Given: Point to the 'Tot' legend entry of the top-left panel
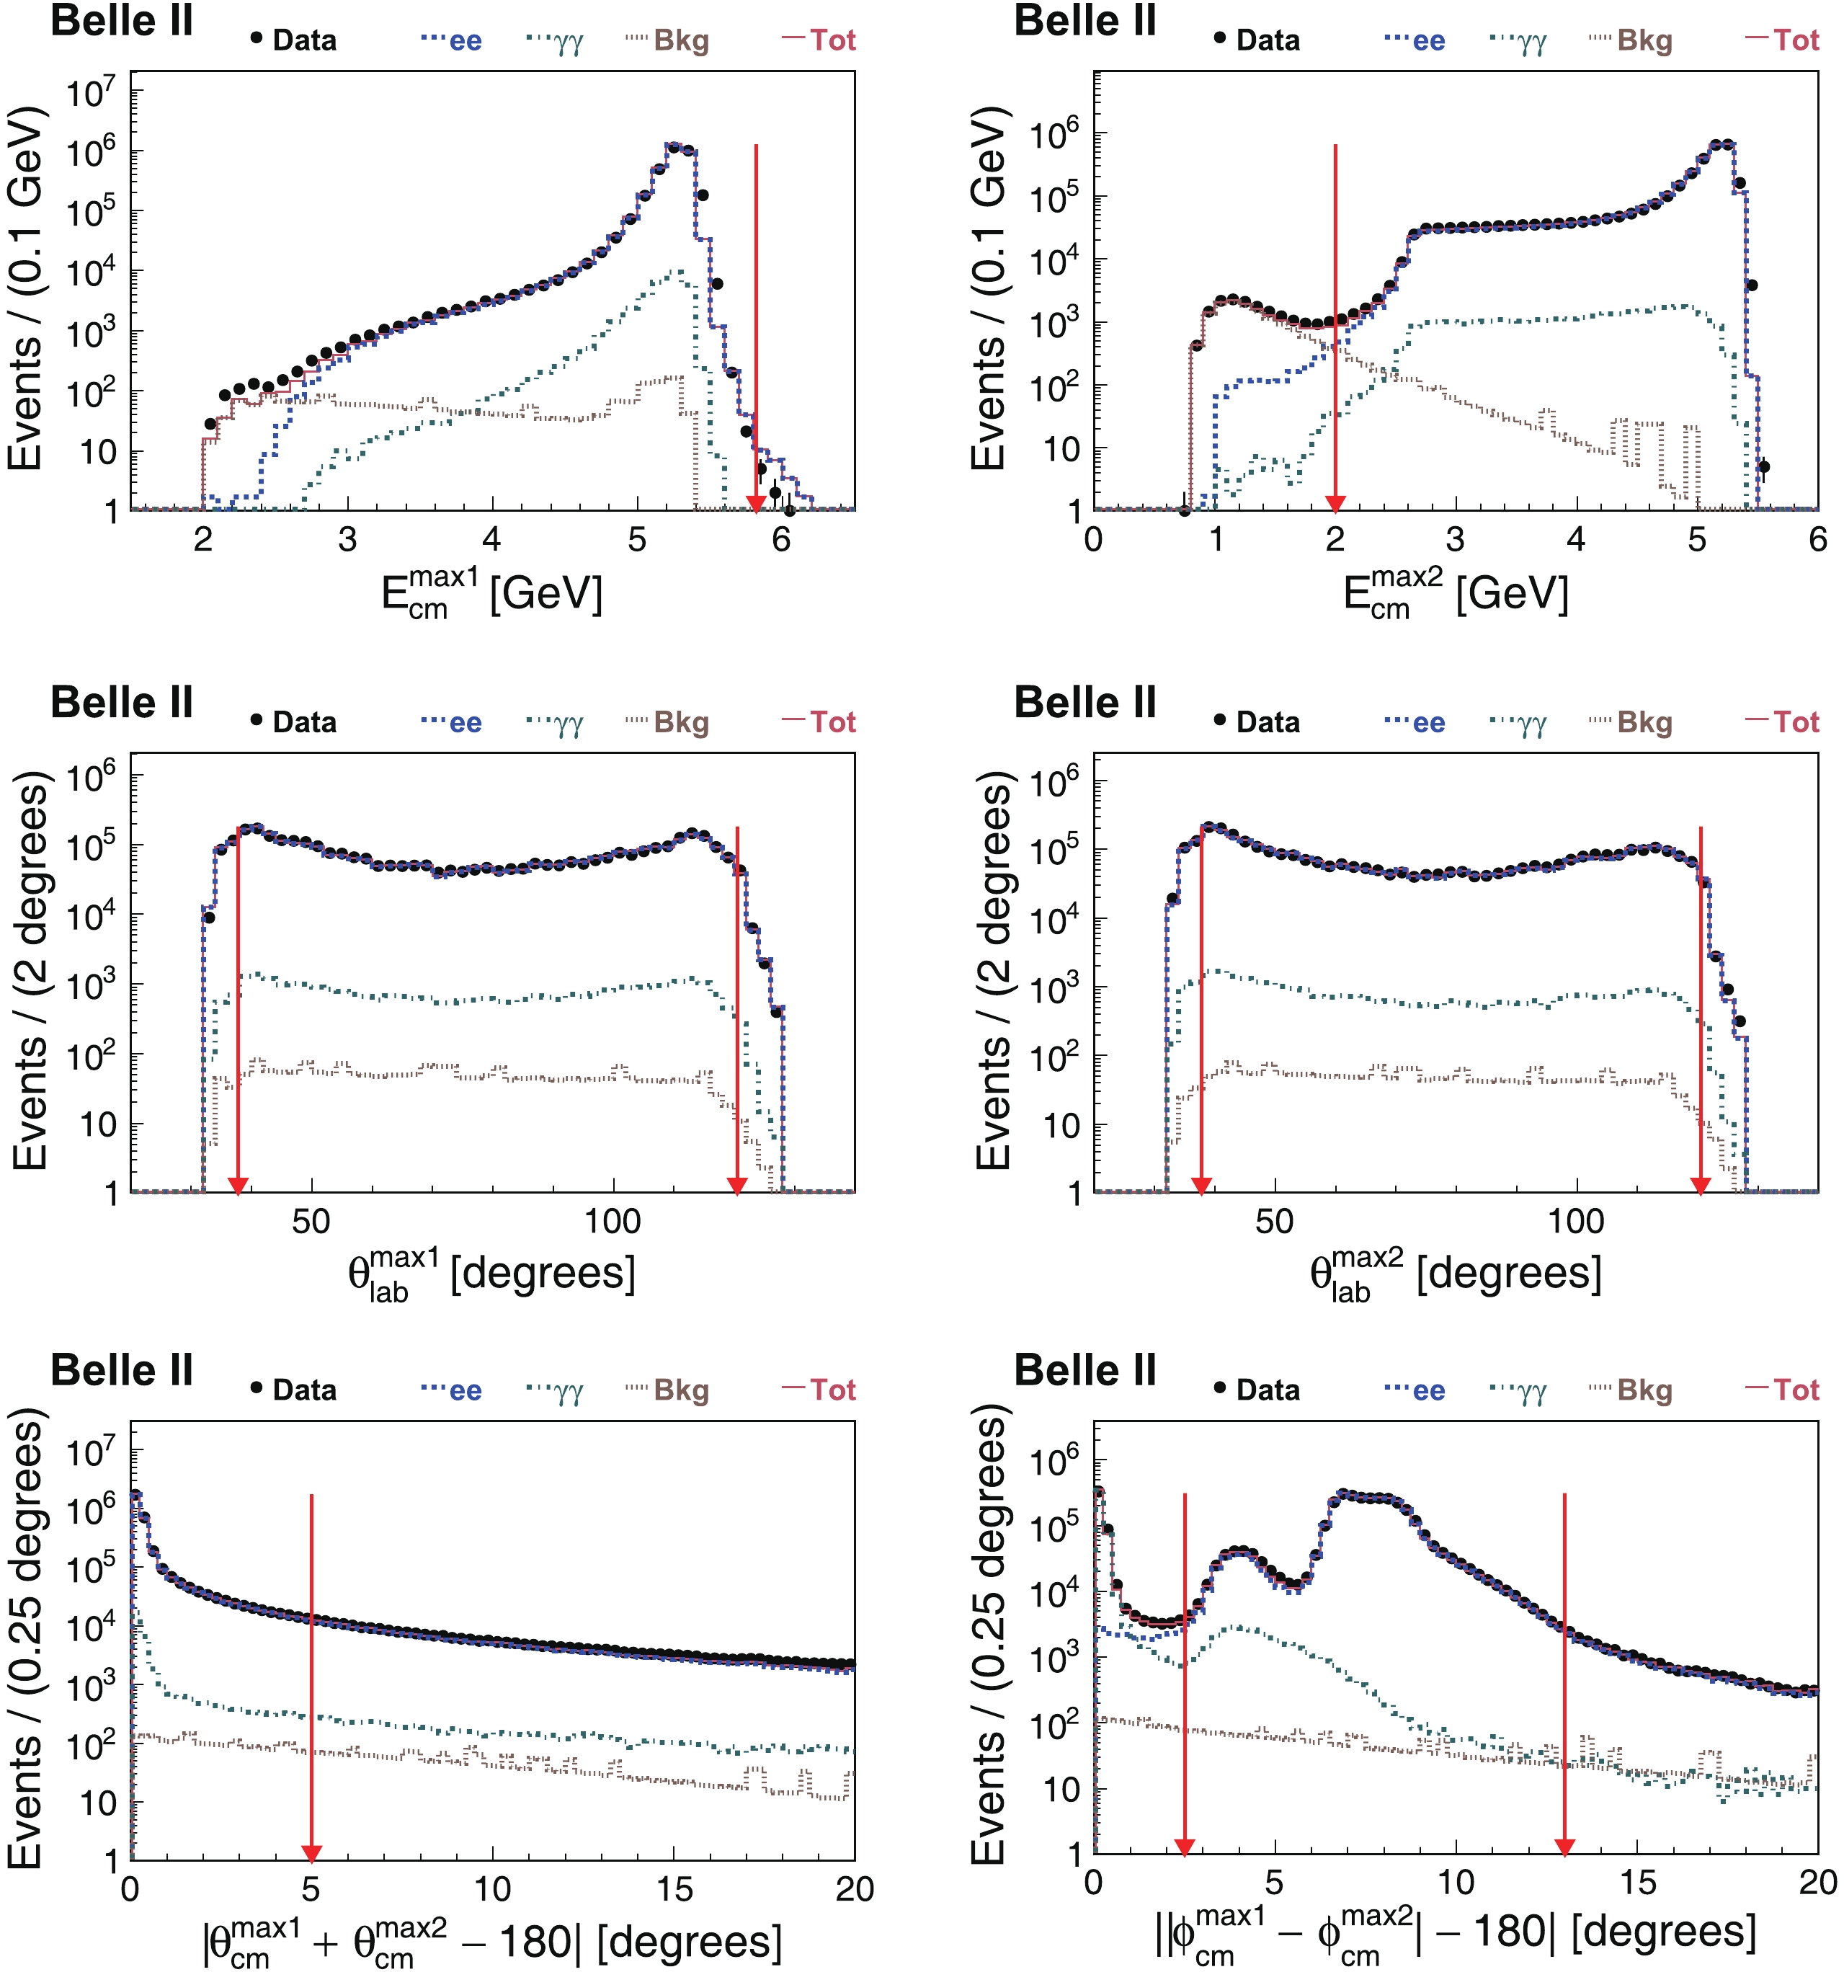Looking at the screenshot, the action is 819,40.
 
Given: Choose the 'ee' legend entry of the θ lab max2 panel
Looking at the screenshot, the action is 1415,722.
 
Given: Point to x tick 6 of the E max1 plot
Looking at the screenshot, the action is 782,540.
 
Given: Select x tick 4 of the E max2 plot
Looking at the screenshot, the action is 1576,540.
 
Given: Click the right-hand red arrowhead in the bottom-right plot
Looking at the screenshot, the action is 1564,1846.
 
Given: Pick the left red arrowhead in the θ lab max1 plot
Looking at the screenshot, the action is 238,1184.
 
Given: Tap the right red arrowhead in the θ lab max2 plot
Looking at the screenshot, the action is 1700,1184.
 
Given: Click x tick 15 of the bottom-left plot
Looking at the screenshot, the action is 674,1888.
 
